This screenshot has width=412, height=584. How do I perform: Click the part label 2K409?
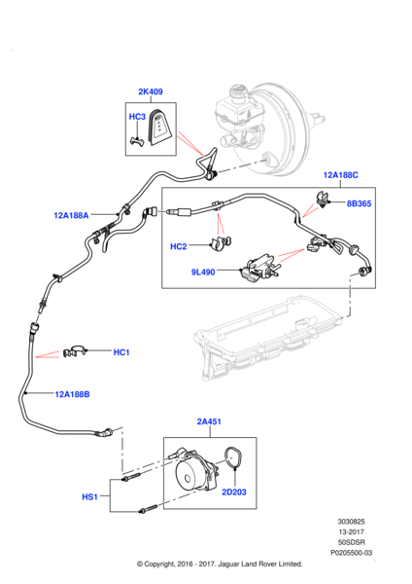(151, 91)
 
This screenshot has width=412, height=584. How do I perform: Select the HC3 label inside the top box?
(137, 117)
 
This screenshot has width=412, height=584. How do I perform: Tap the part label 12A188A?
(71, 215)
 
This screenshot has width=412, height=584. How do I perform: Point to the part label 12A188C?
(341, 175)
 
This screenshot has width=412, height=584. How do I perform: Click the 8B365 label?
(359, 203)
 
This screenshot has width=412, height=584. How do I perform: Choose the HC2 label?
(179, 246)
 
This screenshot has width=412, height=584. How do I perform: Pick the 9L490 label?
(203, 272)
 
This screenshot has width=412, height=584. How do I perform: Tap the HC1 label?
(121, 352)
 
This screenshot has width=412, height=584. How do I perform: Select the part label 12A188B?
(72, 394)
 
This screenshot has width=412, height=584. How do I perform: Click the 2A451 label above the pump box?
(209, 421)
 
